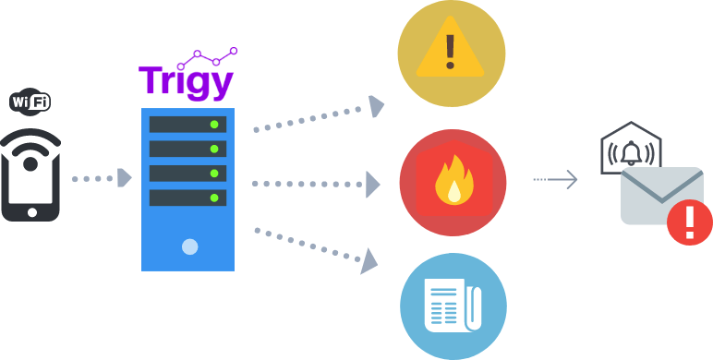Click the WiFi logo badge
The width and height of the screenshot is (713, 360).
30,101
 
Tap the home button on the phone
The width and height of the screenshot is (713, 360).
30,211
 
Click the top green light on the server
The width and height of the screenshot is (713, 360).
214,125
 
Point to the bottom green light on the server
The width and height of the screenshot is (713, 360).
214,198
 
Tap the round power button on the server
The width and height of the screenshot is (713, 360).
189,246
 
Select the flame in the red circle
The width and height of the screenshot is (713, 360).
453,181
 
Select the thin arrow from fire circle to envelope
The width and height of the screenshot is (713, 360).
556,180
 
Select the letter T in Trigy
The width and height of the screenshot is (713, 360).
151,80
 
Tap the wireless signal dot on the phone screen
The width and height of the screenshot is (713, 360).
30,164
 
